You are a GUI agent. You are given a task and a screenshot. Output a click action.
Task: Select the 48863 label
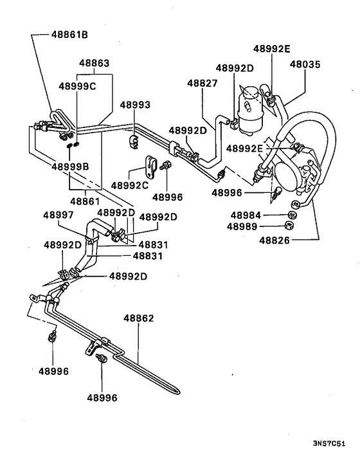(94, 64)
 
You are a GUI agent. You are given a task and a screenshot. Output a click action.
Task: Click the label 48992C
(129, 185)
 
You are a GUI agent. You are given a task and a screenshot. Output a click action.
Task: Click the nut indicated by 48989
(289, 225)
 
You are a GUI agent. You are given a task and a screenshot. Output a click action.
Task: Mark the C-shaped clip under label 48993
(135, 140)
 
